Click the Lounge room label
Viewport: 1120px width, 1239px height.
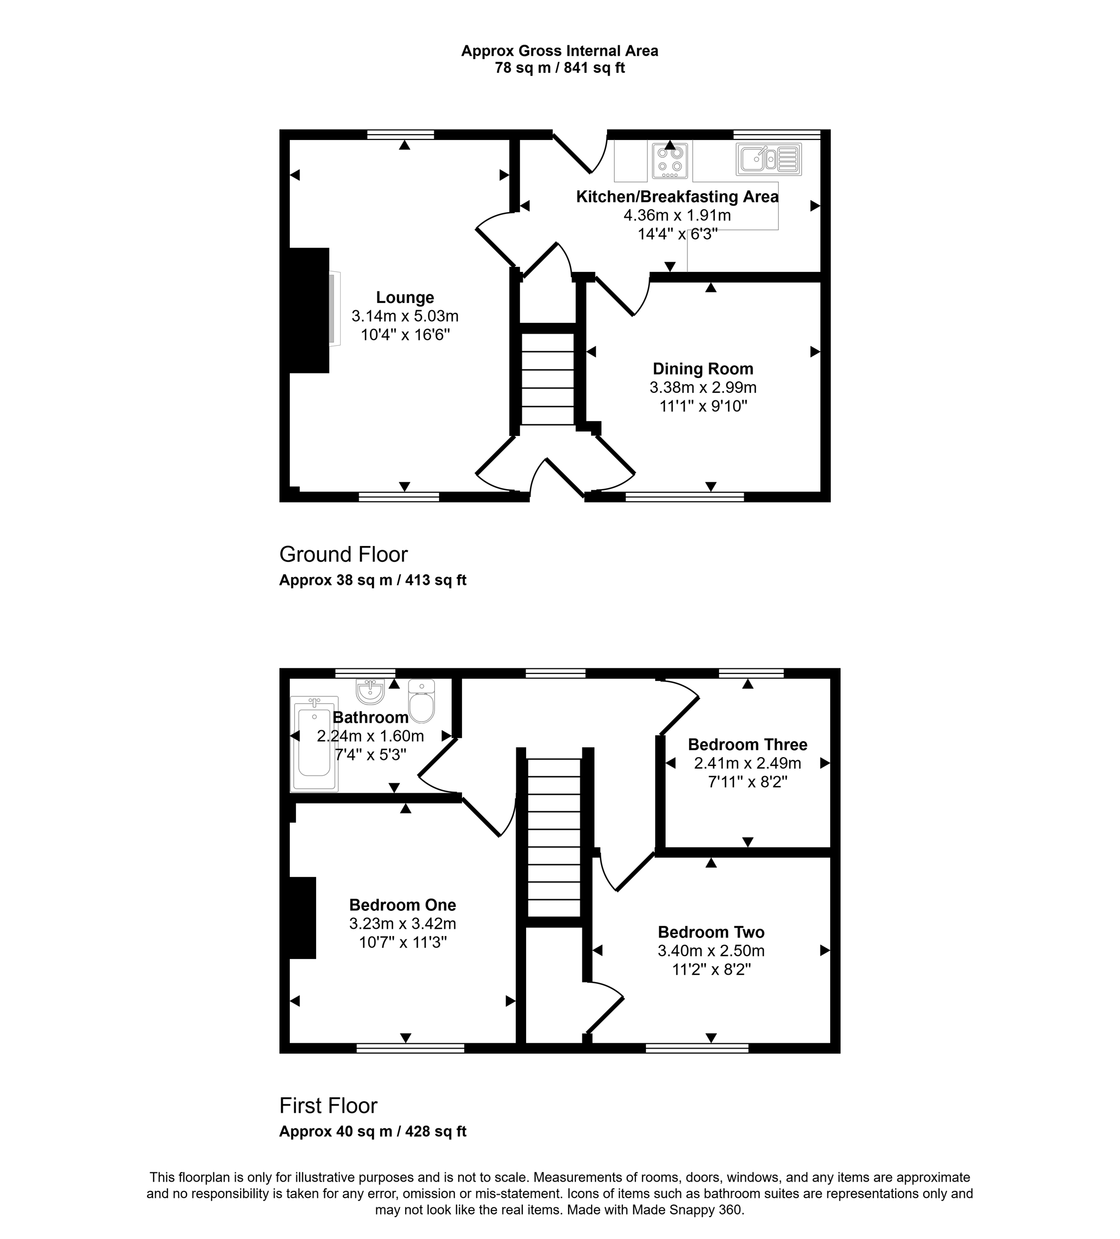[404, 298]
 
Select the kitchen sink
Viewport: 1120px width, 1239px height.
[768, 159]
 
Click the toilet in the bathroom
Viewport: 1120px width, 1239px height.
[422, 702]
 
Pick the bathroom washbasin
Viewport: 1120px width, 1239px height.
[370, 691]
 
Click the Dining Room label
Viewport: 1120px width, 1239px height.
[702, 369]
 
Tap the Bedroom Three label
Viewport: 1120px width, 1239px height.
[747, 744]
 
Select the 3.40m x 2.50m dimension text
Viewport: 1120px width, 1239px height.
[711, 951]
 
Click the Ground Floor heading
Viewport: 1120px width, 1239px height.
[343, 554]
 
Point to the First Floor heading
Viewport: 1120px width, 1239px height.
[328, 1106]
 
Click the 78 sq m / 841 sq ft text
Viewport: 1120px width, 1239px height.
[559, 68]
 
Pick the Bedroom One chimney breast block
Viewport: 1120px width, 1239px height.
[302, 917]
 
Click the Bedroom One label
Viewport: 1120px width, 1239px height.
[402, 905]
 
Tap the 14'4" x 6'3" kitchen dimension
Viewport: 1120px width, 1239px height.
[677, 234]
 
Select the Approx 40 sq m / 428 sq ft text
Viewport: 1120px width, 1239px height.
[372, 1131]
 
